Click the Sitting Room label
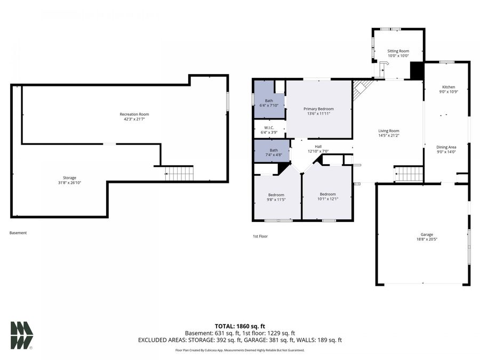398,51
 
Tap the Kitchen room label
448,87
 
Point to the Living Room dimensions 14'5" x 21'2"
389,136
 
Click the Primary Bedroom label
318,109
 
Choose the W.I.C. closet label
269,127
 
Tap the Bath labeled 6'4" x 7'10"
269,101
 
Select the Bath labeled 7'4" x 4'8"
274,150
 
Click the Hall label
318,146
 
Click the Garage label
427,234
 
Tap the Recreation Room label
134,114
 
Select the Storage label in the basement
69,178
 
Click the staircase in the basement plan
179,173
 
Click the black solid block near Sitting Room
416,70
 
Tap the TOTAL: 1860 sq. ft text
239,325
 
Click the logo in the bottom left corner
22,335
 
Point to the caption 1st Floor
260,236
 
